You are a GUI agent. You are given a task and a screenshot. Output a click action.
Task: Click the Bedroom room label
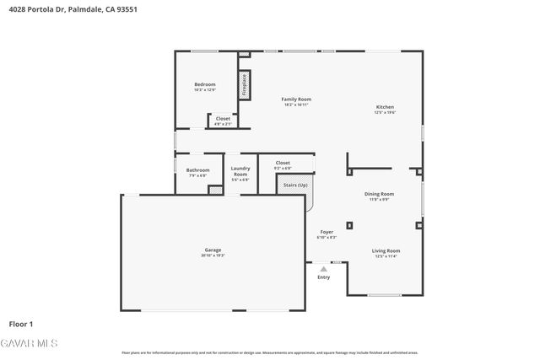(x=205, y=84)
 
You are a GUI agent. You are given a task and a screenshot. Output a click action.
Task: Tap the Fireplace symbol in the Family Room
(x=245, y=84)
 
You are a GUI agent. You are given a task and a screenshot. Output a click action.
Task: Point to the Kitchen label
(x=385, y=107)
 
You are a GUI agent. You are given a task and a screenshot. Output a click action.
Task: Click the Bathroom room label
(x=197, y=170)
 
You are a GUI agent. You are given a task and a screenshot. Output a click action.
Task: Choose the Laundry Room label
(x=240, y=171)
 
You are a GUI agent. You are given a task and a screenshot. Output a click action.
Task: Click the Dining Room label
(x=379, y=194)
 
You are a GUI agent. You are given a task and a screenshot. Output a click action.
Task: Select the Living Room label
(x=386, y=250)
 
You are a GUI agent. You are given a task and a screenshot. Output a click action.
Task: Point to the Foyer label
(x=327, y=232)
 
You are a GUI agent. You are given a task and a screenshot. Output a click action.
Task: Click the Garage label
(x=213, y=250)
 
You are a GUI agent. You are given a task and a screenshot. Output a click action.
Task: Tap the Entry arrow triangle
(x=323, y=269)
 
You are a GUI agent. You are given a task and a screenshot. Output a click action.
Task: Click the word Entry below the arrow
(x=323, y=277)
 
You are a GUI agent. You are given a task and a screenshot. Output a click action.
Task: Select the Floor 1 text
(x=21, y=324)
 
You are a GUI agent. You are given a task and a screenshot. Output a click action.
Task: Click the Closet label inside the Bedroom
(x=223, y=119)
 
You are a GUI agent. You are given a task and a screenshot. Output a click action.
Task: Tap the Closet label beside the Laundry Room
(x=283, y=162)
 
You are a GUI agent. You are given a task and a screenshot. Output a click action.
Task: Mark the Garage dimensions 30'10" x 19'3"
(x=213, y=255)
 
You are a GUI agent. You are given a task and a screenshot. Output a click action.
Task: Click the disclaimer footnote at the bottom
(x=270, y=352)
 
